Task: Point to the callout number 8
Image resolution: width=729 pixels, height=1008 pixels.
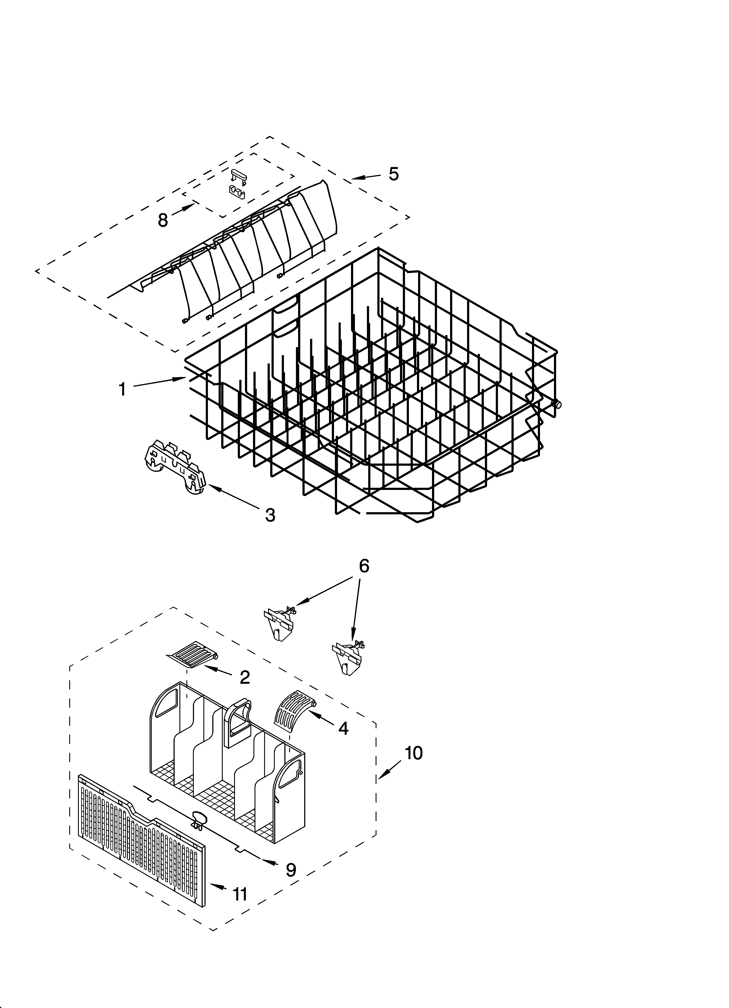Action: point(163,220)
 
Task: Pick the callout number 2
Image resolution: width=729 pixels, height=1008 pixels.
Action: point(245,677)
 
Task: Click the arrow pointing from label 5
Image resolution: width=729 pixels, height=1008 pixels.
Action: point(366,177)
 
